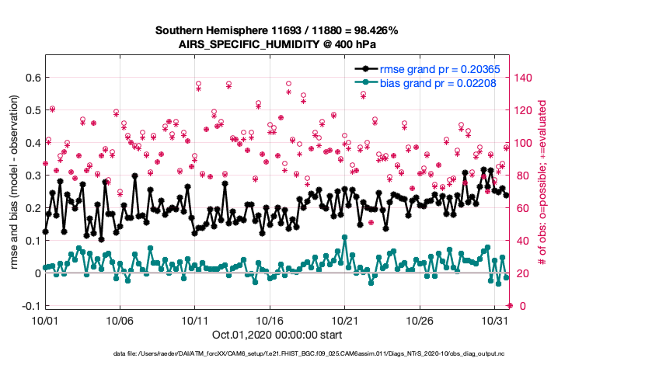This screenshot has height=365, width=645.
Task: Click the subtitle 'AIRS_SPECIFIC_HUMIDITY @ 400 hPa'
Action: tap(277, 45)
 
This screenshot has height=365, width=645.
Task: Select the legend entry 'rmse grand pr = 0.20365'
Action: tap(431, 69)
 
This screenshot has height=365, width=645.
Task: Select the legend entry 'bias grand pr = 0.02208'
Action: tap(431, 82)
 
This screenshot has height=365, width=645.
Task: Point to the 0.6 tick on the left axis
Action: tap(30, 78)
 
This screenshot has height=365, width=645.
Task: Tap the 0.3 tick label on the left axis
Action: tap(30, 176)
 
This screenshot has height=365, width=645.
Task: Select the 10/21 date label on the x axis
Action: tap(345, 319)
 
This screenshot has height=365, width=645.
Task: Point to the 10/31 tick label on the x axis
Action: tap(495, 319)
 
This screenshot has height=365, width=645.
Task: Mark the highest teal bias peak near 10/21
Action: tap(344, 237)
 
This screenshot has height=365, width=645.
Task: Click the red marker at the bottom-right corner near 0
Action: tap(510, 305)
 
